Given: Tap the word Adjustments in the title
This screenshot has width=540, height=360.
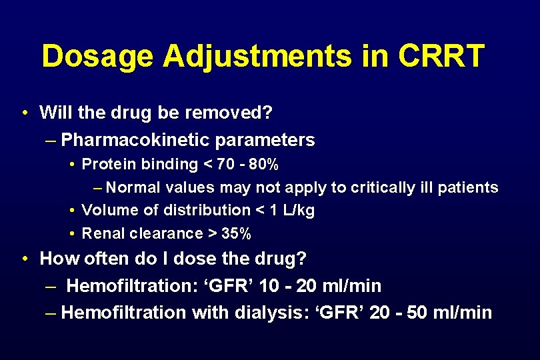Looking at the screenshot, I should pyautogui.click(x=257, y=57).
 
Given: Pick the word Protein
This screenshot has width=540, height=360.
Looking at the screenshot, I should pyautogui.click(x=107, y=164).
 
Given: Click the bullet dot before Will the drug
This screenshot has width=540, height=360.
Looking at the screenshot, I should pyautogui.click(x=24, y=113).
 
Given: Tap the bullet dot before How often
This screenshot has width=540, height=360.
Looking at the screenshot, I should pyautogui.click(x=24, y=258).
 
